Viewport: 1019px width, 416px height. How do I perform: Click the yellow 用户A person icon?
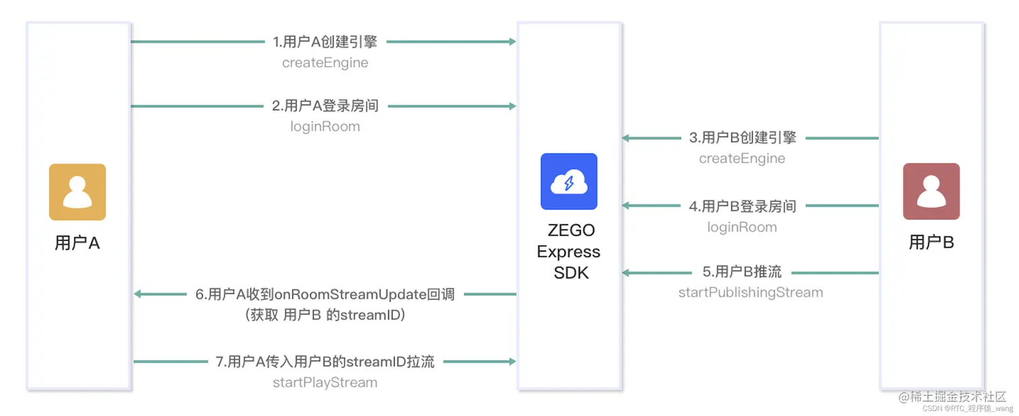[77, 192]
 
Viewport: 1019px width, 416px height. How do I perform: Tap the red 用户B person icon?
[931, 191]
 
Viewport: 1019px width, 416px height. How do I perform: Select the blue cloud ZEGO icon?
[569, 182]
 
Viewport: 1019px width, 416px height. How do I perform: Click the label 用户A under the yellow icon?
[77, 243]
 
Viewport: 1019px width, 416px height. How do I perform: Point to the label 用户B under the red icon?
[931, 242]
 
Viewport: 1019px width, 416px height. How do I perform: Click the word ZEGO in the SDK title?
[571, 230]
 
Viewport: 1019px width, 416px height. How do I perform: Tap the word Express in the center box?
[569, 252]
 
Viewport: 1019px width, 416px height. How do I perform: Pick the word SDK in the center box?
[571, 273]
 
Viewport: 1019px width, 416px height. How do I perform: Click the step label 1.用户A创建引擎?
[325, 42]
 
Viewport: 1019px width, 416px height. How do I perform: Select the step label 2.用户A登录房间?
[325, 106]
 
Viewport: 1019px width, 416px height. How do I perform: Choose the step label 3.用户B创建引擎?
[742, 138]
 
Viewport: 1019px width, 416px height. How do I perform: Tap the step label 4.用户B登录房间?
[742, 206]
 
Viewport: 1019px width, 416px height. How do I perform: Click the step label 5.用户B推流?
[742, 272]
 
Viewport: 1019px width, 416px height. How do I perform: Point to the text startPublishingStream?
[750, 292]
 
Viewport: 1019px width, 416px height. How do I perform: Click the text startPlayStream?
[325, 382]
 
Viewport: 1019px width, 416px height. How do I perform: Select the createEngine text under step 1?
[325, 63]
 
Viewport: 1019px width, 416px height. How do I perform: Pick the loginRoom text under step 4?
[742, 227]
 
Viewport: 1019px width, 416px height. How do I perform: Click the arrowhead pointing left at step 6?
[138, 294]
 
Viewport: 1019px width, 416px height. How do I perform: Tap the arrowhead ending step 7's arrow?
[512, 361]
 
